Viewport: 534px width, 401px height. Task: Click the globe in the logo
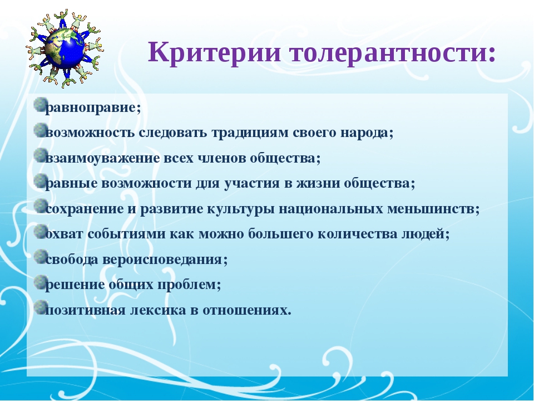(x=65, y=48)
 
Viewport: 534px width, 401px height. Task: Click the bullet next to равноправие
(x=41, y=104)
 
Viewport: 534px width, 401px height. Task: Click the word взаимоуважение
(x=102, y=159)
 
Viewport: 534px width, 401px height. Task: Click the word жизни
(x=318, y=184)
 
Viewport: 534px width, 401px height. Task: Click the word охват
(x=64, y=234)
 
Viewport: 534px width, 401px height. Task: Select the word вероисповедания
(x=162, y=260)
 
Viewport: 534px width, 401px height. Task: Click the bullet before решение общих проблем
(x=41, y=281)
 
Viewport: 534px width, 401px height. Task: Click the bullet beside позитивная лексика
(x=41, y=306)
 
